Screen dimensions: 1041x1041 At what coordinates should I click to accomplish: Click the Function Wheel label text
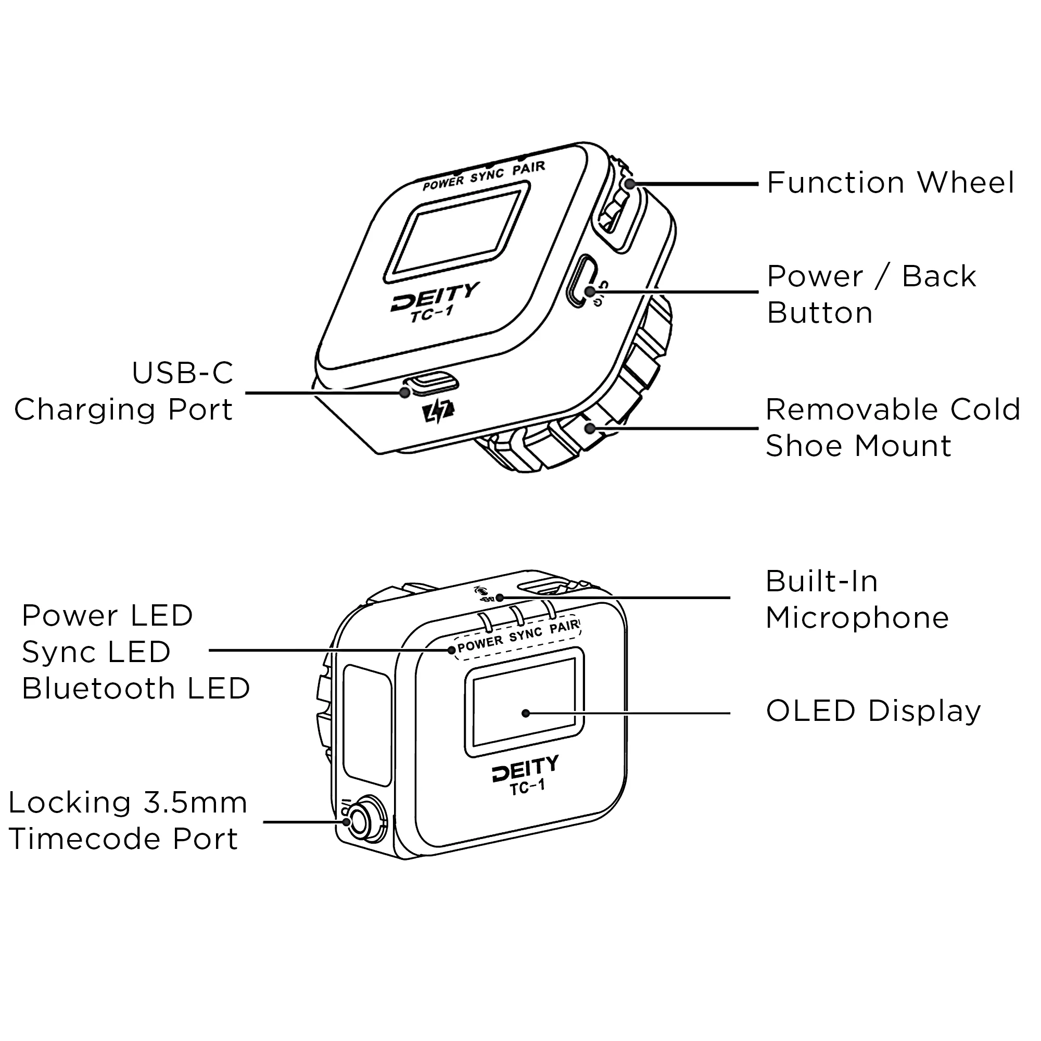click(890, 183)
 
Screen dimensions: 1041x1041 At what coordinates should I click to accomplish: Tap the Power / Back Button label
click(871, 294)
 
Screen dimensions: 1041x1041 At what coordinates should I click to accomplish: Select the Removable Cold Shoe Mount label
click(892, 428)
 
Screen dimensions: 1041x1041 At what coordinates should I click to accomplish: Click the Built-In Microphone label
click(857, 600)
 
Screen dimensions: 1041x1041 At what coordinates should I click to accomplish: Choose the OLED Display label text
click(873, 711)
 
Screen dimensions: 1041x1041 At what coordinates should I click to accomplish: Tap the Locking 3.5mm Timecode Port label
click(128, 821)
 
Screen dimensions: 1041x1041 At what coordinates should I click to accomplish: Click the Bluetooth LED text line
click(136, 689)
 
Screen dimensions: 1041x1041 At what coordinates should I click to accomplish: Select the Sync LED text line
click(96, 652)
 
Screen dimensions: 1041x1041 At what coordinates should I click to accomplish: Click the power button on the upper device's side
click(583, 281)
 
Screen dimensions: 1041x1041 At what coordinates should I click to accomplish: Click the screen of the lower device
click(524, 701)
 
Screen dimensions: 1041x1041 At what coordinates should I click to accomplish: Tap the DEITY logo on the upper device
click(434, 297)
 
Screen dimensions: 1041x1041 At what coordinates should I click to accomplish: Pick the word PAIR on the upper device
click(529, 168)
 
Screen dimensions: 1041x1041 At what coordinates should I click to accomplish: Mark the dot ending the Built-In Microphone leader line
click(500, 598)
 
